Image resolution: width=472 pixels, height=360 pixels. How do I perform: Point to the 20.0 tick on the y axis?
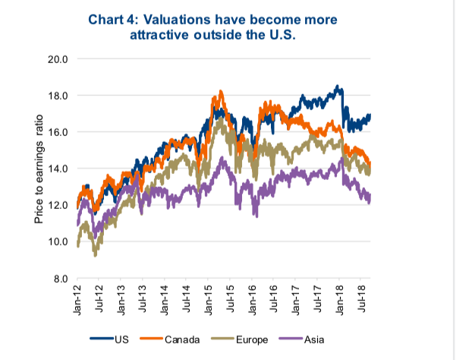(58, 58)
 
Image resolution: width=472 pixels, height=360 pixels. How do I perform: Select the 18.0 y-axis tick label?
(58, 96)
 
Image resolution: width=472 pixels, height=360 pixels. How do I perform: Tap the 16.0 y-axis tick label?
(58, 132)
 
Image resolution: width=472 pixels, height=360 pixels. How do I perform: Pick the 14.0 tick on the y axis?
(58, 169)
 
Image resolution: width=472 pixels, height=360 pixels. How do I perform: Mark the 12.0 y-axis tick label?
(58, 205)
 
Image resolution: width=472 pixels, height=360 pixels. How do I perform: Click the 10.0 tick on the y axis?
(58, 242)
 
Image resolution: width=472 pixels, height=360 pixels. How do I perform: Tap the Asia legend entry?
(311, 338)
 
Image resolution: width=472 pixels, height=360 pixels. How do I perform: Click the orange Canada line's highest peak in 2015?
(220, 91)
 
